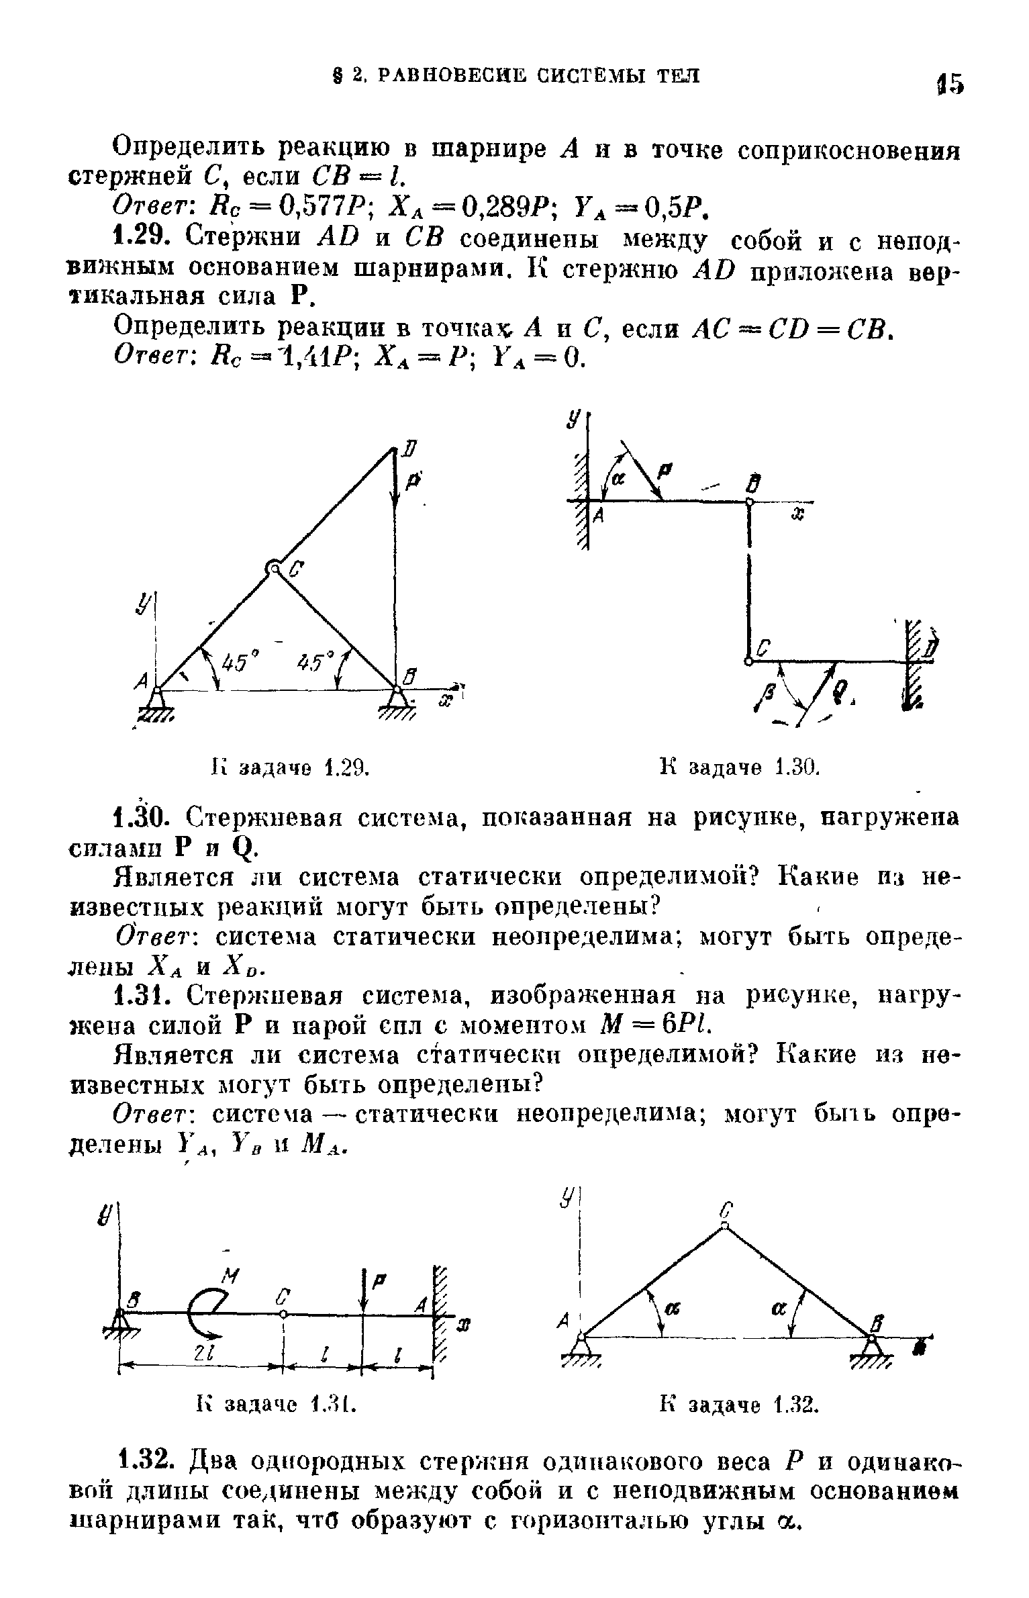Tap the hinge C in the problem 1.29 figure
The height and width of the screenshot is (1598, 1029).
[274, 568]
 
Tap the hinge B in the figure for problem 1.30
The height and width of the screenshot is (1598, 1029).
[749, 501]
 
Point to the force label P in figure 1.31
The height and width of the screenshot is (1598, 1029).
[377, 1280]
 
